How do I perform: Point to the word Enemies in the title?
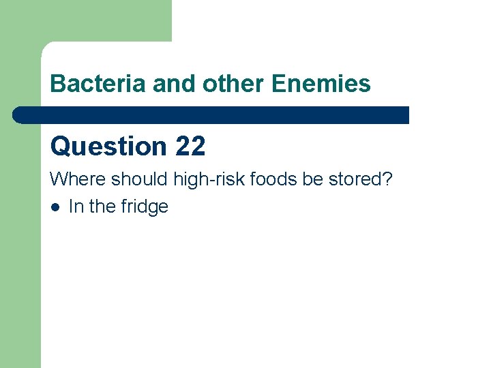point(321,84)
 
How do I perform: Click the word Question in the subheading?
point(108,147)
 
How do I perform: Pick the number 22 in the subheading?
point(190,147)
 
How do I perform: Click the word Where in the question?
point(78,179)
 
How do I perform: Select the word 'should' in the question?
point(140,179)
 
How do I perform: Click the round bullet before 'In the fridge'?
point(55,207)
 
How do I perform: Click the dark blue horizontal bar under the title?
point(211,115)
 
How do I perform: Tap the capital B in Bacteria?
point(57,84)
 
